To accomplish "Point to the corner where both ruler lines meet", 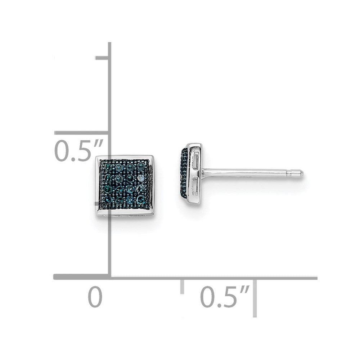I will pos(109,277).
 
